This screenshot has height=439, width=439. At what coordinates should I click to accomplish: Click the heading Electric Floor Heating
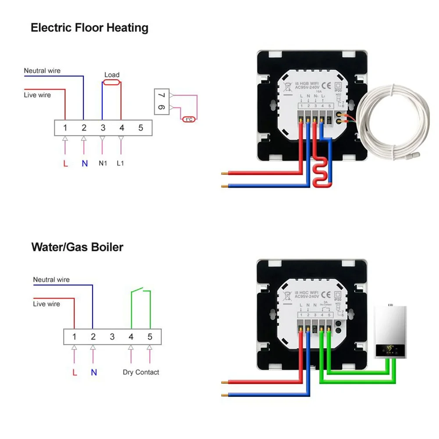[89, 28]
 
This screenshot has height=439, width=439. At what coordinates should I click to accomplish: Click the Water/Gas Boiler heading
[77, 247]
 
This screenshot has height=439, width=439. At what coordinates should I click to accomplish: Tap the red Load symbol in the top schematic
[112, 82]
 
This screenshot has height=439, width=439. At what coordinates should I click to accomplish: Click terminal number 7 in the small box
[161, 95]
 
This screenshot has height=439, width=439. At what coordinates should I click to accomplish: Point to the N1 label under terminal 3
[103, 164]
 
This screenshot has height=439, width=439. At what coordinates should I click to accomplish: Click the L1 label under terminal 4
[121, 164]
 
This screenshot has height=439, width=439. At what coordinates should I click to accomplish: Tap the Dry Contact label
[141, 372]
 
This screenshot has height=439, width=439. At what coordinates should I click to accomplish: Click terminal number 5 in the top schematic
[141, 128]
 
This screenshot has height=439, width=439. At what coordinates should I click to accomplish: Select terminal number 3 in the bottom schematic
[112, 337]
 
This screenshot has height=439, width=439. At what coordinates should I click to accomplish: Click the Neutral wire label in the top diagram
[42, 71]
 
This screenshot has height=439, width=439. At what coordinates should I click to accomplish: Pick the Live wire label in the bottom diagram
[46, 304]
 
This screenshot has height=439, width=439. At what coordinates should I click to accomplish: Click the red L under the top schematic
[65, 164]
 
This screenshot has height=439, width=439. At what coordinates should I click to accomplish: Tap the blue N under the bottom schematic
[93, 372]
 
